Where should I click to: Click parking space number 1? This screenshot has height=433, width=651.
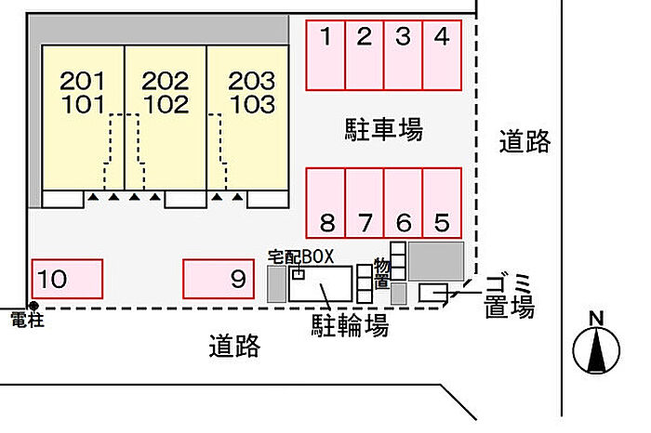pos(325,55)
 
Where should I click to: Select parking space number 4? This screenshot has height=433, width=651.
pos(442,55)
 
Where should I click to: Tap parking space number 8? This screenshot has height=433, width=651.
pos(325,203)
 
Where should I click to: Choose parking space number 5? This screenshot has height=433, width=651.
pos(442,203)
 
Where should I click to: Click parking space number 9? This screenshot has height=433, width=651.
pos(219,279)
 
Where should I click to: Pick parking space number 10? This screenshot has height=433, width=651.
pos(67,279)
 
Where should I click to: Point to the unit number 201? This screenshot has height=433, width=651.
pos(82,81)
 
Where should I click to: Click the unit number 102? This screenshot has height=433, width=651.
pos(166,104)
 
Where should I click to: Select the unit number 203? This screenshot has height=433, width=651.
pos(252,81)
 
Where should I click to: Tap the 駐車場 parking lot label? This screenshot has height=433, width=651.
pos(383,129)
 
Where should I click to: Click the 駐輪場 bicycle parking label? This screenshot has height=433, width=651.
pos(350,325)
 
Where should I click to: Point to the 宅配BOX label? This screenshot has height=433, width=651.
pos(300,257)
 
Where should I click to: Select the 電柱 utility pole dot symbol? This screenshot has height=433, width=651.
pos(33,307)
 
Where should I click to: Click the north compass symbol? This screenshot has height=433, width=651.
pos(596,349)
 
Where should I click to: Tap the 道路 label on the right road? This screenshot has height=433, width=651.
pos(525,141)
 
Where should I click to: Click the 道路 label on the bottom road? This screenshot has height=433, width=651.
pos(234,346)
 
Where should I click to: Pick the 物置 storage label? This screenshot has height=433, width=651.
pos(381,273)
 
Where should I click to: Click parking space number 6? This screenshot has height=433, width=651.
pos(404,203)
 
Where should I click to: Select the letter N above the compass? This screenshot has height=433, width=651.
pos(596,319)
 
